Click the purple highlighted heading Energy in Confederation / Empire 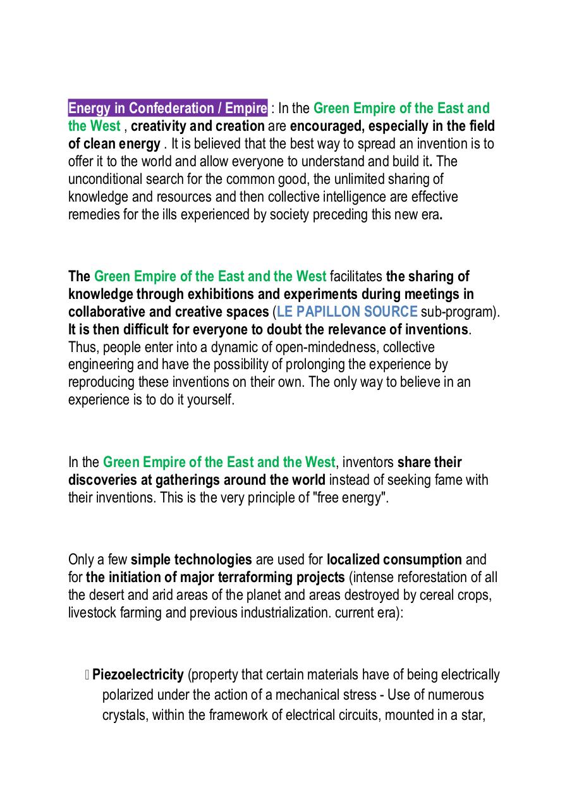[167, 108]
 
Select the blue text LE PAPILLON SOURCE [347, 312]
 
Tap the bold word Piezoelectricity [138, 674]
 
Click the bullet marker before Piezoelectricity [87, 675]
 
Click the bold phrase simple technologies [191, 559]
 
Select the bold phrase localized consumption [394, 559]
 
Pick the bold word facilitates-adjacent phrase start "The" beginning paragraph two [79, 276]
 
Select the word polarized [128, 695]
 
